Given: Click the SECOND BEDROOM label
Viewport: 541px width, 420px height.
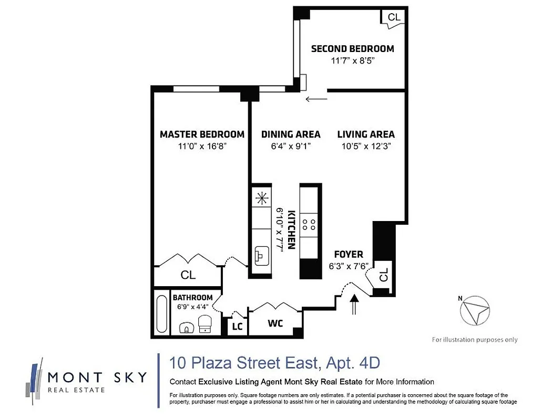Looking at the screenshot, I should click(x=352, y=49).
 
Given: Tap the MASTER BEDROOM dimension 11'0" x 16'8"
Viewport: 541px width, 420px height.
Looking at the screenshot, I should click(x=202, y=148).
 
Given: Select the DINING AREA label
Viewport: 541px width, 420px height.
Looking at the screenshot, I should click(x=291, y=134).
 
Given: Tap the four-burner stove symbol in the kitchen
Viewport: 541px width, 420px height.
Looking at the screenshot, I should click(x=310, y=225).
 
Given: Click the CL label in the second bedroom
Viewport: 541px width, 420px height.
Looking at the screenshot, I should click(x=394, y=17).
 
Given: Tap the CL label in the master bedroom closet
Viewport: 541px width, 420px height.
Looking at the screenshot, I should click(x=188, y=275).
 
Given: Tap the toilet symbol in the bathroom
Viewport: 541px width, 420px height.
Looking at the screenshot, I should click(x=205, y=325).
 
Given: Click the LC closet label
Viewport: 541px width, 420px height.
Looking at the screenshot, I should click(x=237, y=327).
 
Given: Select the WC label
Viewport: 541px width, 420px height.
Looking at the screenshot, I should click(x=275, y=323).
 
